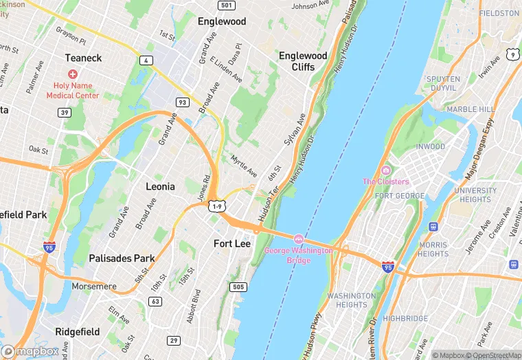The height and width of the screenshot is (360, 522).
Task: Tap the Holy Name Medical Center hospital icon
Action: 73,74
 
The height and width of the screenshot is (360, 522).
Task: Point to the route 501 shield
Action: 226,5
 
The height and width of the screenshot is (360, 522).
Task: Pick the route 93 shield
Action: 182,102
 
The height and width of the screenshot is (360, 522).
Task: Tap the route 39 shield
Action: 64,113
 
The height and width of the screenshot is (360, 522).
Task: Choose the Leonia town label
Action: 160,186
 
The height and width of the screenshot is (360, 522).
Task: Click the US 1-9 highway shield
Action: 217,206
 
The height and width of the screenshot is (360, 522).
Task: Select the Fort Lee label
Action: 232,244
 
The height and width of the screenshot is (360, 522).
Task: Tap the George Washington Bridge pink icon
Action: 299,239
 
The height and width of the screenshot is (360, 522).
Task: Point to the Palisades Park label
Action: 122,258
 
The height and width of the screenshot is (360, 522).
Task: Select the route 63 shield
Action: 155,301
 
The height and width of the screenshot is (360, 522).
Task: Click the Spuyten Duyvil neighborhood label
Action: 443,84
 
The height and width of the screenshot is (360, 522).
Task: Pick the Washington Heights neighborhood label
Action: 351,300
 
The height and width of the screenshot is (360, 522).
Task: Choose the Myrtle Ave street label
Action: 244,166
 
